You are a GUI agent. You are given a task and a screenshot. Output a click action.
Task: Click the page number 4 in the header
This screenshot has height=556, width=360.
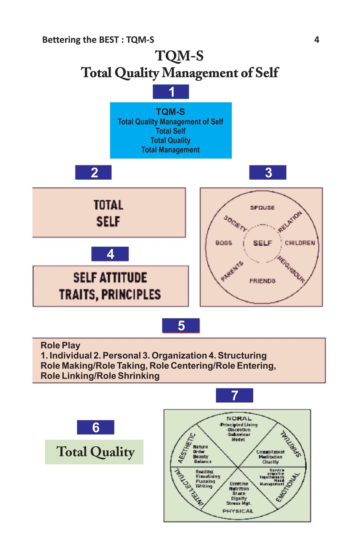tap(316, 40)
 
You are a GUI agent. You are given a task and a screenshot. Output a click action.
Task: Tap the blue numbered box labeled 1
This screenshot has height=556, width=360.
tap(171, 92)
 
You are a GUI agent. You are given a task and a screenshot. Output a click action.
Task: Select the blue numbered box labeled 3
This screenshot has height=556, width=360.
tap(268, 172)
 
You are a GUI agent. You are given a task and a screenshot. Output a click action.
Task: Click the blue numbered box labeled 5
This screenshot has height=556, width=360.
tap(181, 326)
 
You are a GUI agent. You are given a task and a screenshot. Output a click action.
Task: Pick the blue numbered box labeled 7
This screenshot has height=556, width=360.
tap(234, 395)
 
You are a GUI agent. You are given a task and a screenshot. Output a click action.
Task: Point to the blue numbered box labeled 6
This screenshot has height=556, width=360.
tap(95, 427)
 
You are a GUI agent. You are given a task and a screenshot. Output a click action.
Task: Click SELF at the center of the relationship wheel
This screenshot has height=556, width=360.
tap(262, 243)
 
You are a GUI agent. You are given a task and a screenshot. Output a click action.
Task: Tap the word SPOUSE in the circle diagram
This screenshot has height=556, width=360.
tap(262, 208)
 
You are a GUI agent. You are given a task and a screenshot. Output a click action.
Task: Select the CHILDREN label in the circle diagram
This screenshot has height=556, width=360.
tap(300, 243)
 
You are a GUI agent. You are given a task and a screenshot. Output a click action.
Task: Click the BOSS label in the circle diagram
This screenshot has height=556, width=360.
tap(224, 243)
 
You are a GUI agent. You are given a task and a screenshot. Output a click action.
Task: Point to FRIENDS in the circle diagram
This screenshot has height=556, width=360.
tap(262, 281)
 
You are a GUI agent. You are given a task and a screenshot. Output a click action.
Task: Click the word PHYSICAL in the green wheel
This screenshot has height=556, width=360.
tap(238, 511)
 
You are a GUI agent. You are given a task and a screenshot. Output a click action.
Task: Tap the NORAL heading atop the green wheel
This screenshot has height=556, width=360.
tap(239, 418)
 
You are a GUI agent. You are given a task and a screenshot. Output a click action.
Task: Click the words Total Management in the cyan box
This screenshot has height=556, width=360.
tap(170, 150)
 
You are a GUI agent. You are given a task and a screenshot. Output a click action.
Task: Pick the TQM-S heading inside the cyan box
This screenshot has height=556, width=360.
tap(170, 112)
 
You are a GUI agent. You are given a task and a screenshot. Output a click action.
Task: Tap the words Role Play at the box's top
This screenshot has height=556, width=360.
tap(60, 345)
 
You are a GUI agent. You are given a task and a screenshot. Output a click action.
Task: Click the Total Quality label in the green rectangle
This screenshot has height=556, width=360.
tap(95, 452)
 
